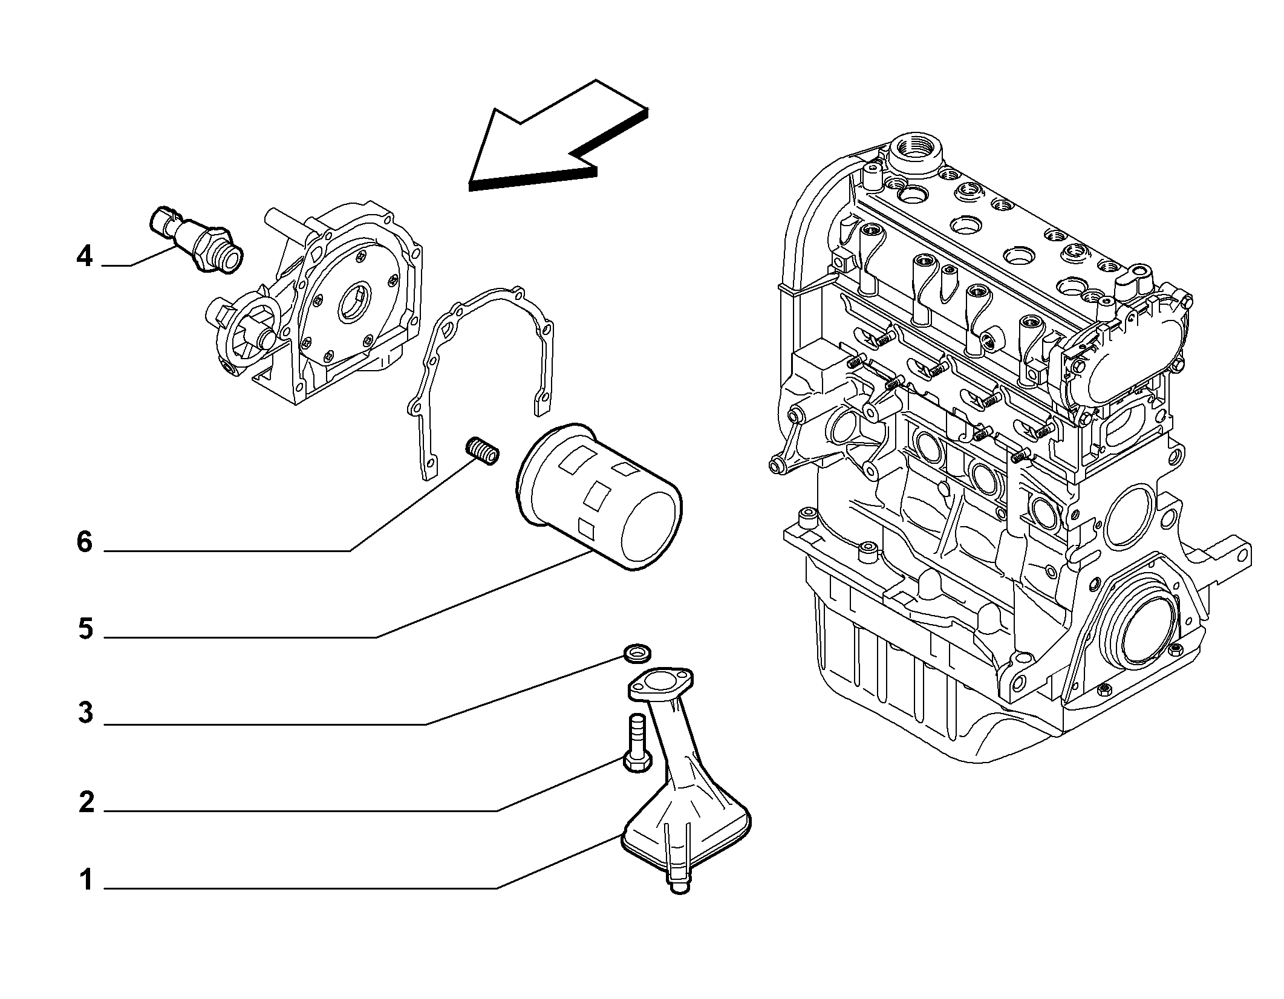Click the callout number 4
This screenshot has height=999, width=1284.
pyautogui.click(x=85, y=257)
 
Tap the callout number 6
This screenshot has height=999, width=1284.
pyautogui.click(x=85, y=542)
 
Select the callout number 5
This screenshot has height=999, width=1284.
pyautogui.click(x=85, y=630)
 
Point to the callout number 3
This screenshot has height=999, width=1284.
pyautogui.click(x=85, y=714)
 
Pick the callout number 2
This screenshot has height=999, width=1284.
pyautogui.click(x=86, y=802)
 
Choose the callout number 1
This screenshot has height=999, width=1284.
pyautogui.click(x=86, y=880)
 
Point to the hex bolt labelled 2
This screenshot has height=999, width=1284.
pyautogui.click(x=636, y=743)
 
